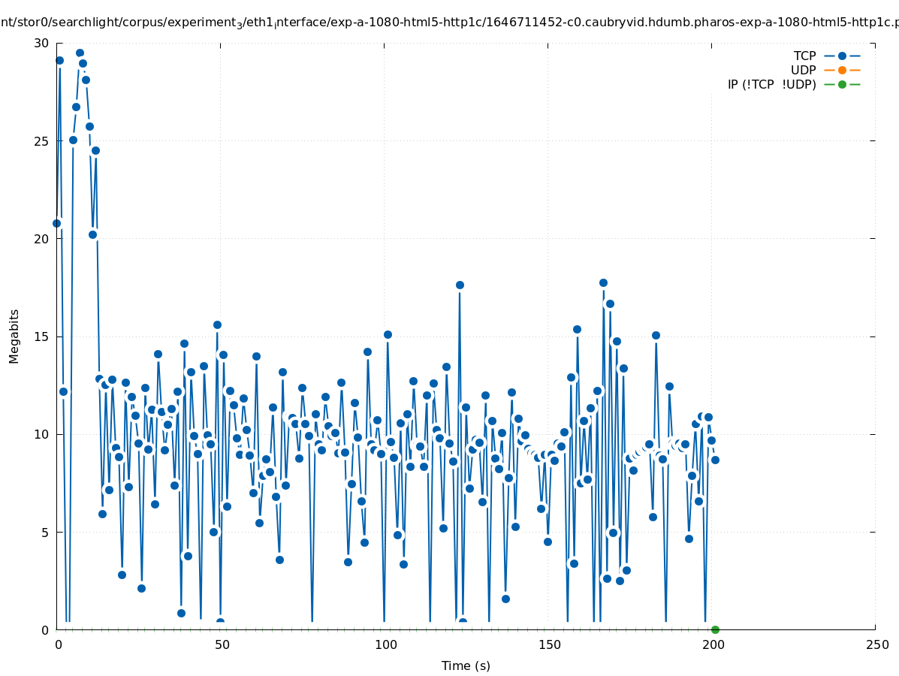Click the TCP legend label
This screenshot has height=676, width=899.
click(804, 56)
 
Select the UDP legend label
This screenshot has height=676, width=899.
click(803, 70)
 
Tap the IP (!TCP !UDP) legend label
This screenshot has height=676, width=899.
click(771, 84)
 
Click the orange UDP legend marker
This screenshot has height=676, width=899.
click(842, 70)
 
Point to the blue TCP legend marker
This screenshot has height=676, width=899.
click(842, 56)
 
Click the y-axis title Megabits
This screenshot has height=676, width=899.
click(14, 336)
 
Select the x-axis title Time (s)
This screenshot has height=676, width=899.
click(466, 665)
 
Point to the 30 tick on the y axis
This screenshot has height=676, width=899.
click(42, 44)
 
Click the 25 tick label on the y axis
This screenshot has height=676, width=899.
click(42, 141)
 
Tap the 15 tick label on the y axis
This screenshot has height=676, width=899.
click(42, 336)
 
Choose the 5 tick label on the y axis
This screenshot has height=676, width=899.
click(46, 532)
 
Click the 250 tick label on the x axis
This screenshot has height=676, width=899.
click(876, 645)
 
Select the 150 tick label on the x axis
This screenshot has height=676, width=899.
click(549, 645)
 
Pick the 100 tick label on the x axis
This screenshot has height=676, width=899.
click(385, 645)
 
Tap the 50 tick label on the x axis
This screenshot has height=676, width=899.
click(222, 645)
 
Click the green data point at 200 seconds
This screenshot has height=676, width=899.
click(715, 629)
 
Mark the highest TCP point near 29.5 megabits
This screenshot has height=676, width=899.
click(80, 53)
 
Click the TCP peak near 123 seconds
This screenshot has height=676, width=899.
click(460, 285)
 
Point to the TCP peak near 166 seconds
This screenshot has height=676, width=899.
click(603, 282)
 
